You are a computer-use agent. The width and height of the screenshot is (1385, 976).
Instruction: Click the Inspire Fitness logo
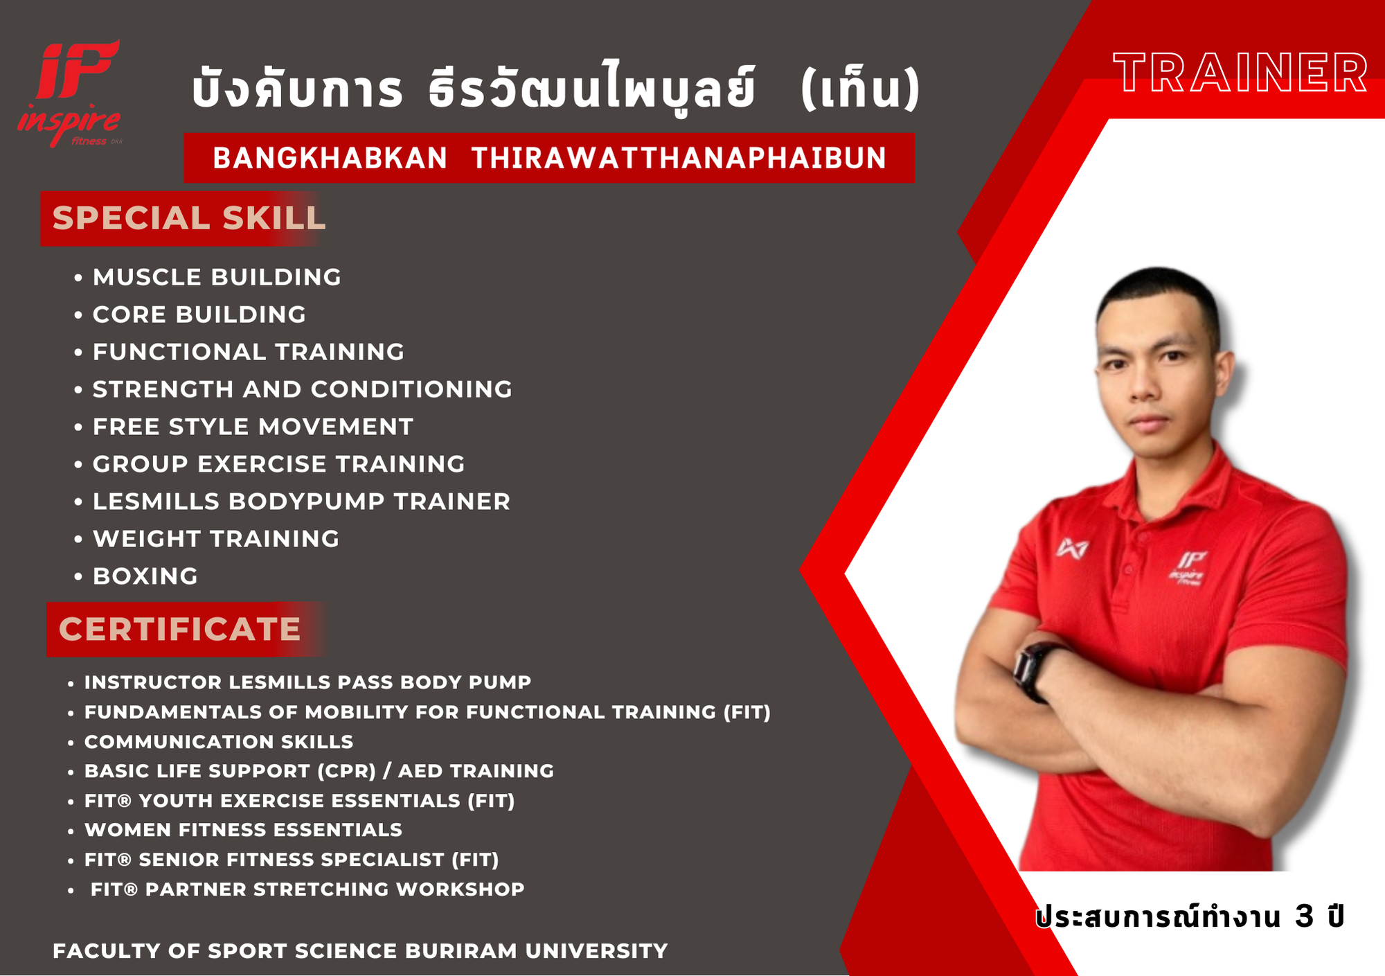tap(69, 94)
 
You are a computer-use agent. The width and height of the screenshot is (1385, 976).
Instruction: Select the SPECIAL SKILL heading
tap(188, 218)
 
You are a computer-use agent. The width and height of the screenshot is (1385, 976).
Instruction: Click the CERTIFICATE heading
tap(179, 629)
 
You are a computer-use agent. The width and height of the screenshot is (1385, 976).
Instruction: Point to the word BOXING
tap(145, 576)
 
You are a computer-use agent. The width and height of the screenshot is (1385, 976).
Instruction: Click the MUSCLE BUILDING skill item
tap(217, 277)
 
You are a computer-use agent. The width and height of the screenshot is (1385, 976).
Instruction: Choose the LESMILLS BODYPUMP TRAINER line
tap(301, 502)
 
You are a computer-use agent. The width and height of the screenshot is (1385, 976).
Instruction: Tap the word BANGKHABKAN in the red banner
tap(330, 158)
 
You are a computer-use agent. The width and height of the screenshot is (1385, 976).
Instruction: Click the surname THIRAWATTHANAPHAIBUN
tap(679, 158)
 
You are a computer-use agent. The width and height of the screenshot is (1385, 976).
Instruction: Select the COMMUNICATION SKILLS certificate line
tap(219, 742)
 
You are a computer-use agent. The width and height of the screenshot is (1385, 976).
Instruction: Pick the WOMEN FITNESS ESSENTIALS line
tap(243, 830)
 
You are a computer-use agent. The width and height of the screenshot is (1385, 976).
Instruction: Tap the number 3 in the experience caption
tap(1304, 916)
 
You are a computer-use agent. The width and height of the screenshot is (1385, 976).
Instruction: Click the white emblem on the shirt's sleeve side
tap(1072, 549)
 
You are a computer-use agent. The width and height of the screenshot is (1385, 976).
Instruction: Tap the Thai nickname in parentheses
tap(860, 89)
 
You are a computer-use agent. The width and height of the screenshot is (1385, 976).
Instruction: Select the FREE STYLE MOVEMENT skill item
tap(253, 427)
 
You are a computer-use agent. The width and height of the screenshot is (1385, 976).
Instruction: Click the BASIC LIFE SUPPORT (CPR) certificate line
tap(319, 771)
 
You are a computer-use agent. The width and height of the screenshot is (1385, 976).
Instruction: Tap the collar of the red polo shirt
tap(1177, 478)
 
